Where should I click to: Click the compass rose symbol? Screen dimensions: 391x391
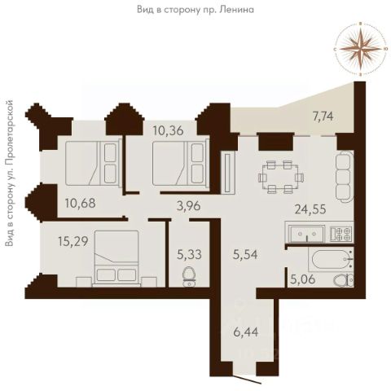click(360, 49)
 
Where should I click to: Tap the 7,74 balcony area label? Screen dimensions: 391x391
click(323, 117)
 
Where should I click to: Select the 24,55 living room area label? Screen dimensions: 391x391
click(310, 209)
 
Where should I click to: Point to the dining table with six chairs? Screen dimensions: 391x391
click(281, 177)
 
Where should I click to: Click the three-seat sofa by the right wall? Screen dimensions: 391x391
click(345, 176)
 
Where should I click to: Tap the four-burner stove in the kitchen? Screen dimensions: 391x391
click(341, 234)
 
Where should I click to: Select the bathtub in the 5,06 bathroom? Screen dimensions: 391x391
click(331, 259)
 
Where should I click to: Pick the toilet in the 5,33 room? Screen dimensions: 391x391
click(190, 277)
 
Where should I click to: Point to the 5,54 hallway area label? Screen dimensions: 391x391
click(245, 255)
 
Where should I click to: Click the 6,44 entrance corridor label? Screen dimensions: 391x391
click(246, 332)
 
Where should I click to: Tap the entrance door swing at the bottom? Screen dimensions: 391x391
click(248, 379)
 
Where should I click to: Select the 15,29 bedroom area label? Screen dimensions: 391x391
click(73, 241)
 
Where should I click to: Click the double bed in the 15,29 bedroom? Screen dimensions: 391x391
click(116, 258)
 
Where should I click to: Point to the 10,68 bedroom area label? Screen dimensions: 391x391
click(80, 203)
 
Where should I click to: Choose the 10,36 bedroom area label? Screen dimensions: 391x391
click(168, 130)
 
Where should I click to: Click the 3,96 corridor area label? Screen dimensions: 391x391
click(188, 206)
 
